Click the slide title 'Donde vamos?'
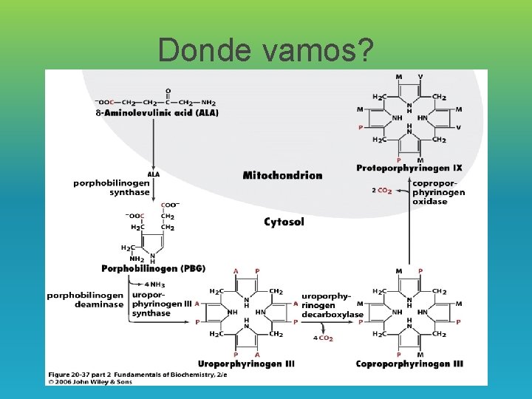click(x=265, y=50)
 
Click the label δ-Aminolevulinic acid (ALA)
click(x=157, y=112)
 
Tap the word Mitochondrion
click(x=282, y=175)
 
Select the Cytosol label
click(x=284, y=222)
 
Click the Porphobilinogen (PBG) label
click(x=153, y=268)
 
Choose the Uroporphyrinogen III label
click(x=246, y=364)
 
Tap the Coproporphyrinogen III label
click(x=409, y=364)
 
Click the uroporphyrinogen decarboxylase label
click(x=332, y=305)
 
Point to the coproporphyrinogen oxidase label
click(x=438, y=192)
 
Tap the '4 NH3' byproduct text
click(x=156, y=284)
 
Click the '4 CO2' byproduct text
click(x=323, y=338)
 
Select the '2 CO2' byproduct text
click(x=382, y=191)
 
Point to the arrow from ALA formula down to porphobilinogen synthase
click(x=153, y=144)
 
